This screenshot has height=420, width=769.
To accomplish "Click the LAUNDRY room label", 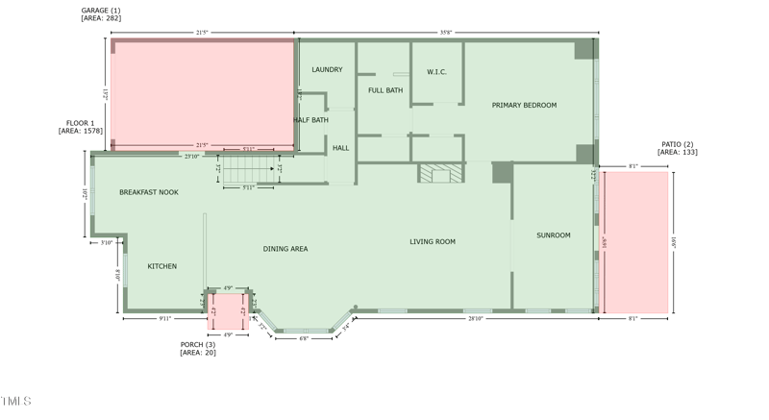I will (x=327, y=69).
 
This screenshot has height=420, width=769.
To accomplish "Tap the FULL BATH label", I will (x=385, y=90).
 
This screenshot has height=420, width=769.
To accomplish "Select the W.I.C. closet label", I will (x=436, y=72).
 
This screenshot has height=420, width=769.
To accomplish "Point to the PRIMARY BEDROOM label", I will (x=524, y=105).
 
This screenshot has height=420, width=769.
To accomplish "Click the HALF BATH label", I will (x=310, y=120).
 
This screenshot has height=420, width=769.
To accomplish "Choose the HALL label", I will (x=341, y=148).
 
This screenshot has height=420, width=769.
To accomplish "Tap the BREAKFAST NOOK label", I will (x=149, y=192).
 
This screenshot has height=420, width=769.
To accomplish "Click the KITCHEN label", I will (x=161, y=266).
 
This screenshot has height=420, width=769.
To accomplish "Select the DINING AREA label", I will (x=285, y=249).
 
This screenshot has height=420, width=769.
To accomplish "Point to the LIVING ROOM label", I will (x=433, y=241).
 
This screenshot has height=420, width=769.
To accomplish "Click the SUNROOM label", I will (x=554, y=235).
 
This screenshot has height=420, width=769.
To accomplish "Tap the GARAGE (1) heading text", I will (x=101, y=11).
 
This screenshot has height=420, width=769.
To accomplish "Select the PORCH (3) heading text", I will (x=198, y=344).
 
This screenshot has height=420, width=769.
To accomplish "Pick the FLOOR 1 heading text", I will (x=80, y=123).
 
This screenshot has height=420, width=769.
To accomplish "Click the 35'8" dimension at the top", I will (x=446, y=33).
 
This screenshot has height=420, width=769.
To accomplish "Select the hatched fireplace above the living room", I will (x=441, y=173).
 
